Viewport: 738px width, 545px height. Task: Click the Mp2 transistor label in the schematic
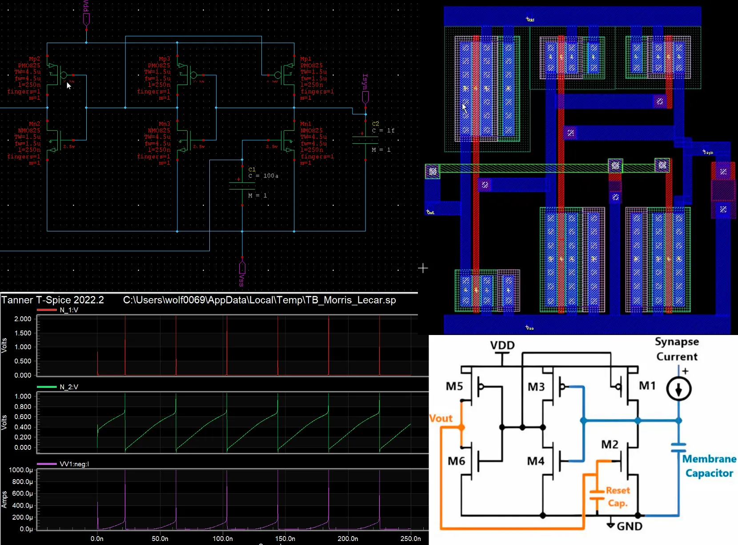pyautogui.click(x=34, y=59)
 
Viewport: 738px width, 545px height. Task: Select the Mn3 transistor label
pyautogui.click(x=164, y=124)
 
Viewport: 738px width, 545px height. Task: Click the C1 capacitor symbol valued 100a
pyautogui.click(x=242, y=186)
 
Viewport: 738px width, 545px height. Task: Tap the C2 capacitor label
pyautogui.click(x=375, y=124)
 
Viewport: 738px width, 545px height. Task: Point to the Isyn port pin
pyautogui.click(x=365, y=97)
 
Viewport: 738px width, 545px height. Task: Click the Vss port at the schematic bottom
pyautogui.click(x=242, y=268)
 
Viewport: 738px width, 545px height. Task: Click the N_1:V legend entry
pyautogui.click(x=68, y=310)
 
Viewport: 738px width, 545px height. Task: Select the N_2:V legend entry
pyautogui.click(x=68, y=387)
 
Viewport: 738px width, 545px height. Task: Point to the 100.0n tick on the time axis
pyautogui.click(x=222, y=538)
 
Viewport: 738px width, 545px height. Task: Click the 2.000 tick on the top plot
pyautogui.click(x=23, y=319)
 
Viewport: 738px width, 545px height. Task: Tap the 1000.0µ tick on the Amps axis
pyautogui.click(x=20, y=470)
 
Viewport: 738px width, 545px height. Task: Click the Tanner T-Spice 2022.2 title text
pyautogui.click(x=52, y=300)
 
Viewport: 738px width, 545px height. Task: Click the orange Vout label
pyautogui.click(x=441, y=418)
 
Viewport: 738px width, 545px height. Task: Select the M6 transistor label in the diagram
pyautogui.click(x=456, y=461)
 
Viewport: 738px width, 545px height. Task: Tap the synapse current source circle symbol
pyautogui.click(x=678, y=389)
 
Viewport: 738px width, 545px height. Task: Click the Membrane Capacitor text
pyautogui.click(x=709, y=466)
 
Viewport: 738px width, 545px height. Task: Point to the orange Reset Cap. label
pyautogui.click(x=618, y=497)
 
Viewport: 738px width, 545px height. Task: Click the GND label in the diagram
pyautogui.click(x=629, y=526)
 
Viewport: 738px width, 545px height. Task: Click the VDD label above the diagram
pyautogui.click(x=502, y=345)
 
